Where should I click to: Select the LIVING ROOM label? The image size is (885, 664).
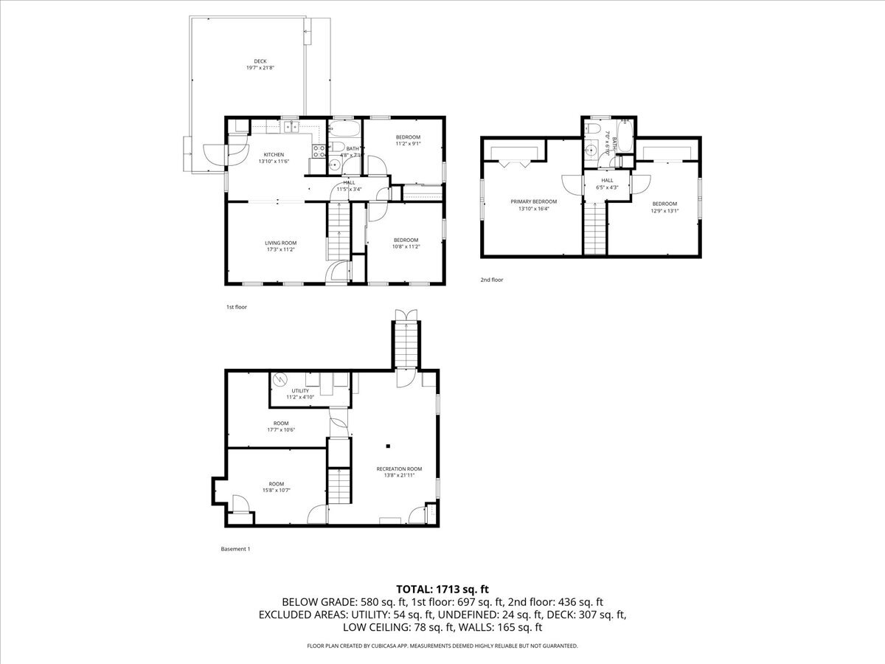[x=281, y=246]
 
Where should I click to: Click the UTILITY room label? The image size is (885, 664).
[x=300, y=394]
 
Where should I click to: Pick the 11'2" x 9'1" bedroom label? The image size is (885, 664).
[x=408, y=141]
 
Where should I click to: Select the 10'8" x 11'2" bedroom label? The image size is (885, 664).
[x=406, y=243]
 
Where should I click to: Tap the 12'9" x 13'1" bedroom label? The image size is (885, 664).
[x=664, y=207]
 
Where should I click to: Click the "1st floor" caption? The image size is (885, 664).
[x=236, y=306]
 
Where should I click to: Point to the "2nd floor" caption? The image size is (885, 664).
[x=491, y=280]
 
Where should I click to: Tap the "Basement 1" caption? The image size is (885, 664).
[x=235, y=549]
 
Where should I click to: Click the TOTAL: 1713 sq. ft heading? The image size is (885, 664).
[x=442, y=589]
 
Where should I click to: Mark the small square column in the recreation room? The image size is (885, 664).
[x=389, y=446]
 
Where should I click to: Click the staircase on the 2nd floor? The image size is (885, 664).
[x=595, y=229]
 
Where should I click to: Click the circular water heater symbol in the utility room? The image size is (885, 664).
[x=280, y=380]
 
